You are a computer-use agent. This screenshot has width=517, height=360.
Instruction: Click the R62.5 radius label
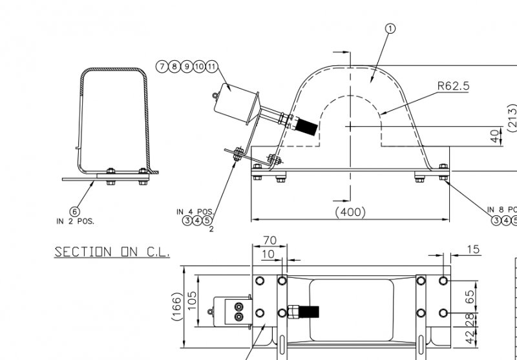pos(454,85)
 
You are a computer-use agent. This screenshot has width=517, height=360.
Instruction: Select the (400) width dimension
pos(350,211)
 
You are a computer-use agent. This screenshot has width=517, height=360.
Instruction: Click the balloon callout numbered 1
pos(390,28)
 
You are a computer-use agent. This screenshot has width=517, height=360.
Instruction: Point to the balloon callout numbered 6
pos(75,211)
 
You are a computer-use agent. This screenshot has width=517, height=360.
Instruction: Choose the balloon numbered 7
pos(161,67)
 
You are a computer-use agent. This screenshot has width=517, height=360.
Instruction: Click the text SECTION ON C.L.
pos(112,252)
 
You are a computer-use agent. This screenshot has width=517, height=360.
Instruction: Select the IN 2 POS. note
pos(75,221)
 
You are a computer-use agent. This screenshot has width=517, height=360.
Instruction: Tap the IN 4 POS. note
pos(195,211)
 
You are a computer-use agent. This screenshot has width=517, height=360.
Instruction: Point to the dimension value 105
pos(193,299)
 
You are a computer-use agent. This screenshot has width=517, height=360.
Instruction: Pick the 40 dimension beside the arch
pos(495,136)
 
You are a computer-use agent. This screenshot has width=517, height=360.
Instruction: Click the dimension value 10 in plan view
pos(268,254)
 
